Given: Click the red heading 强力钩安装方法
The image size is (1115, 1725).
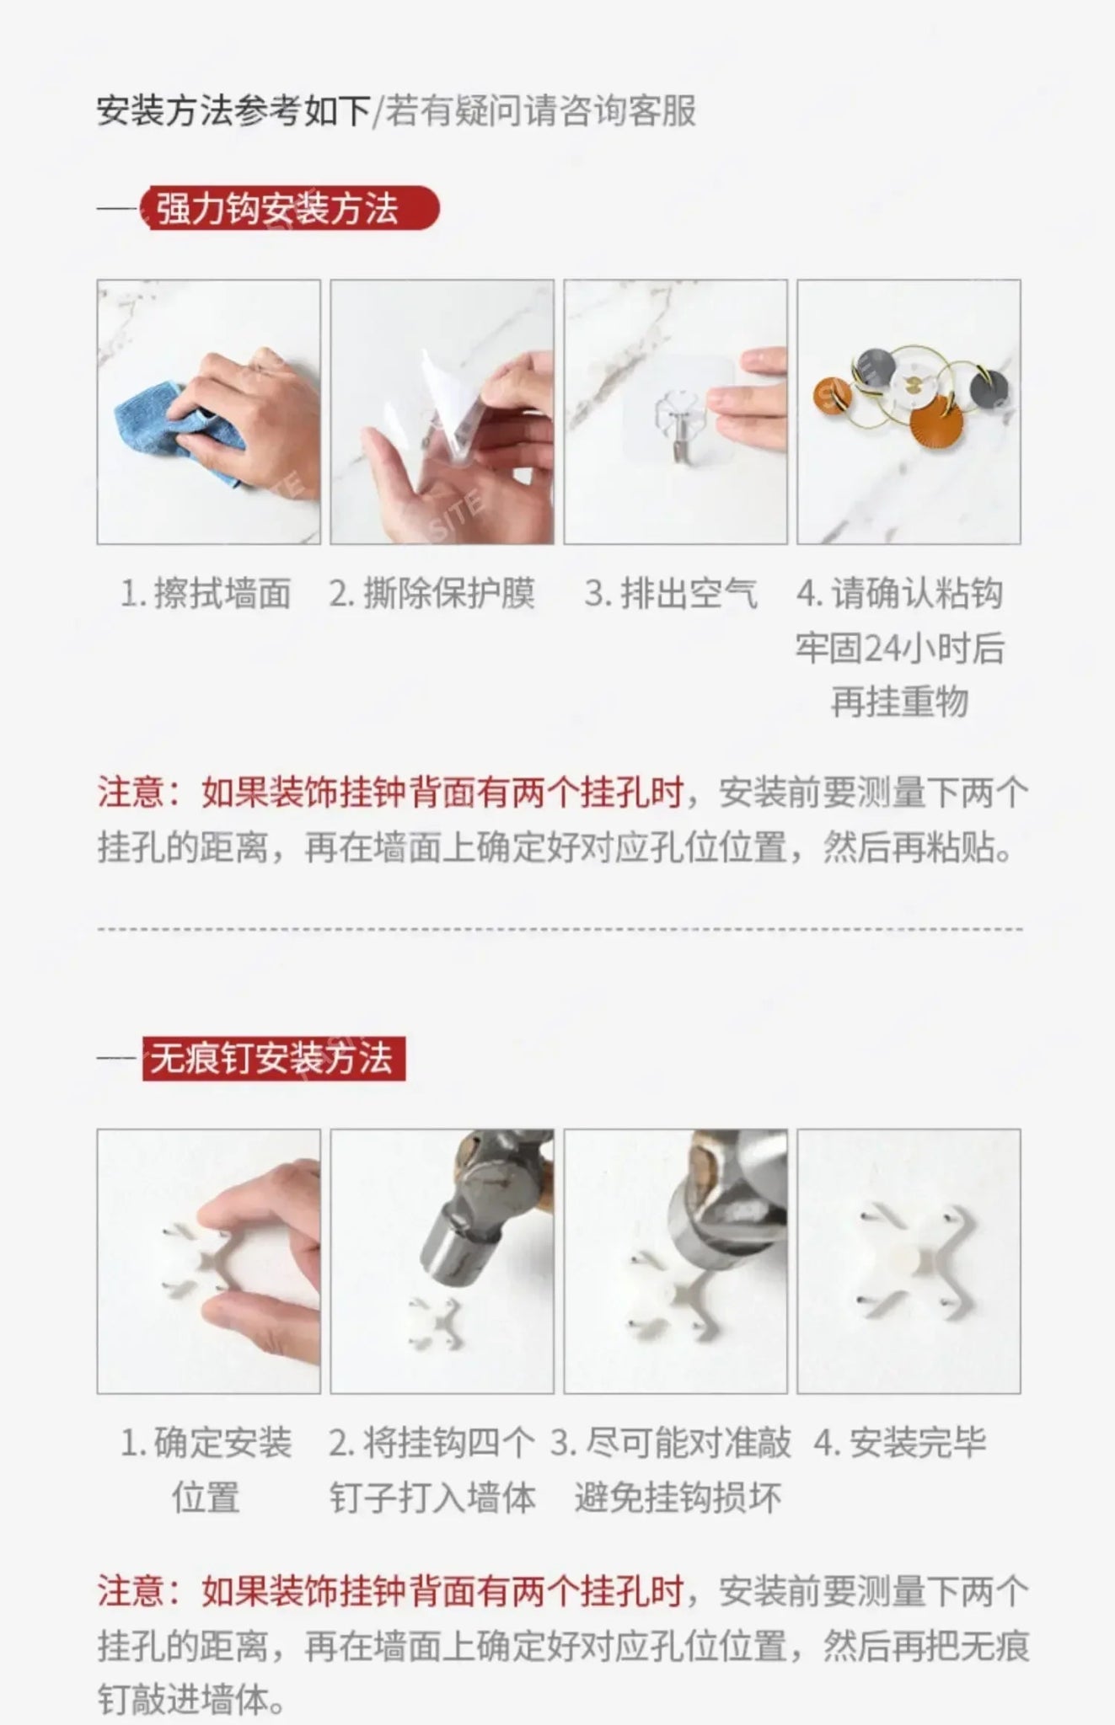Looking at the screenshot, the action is pos(277,209).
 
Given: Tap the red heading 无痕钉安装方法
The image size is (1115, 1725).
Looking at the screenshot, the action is pos(271,1058).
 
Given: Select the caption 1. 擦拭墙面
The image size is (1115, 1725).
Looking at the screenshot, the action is pos(206,594).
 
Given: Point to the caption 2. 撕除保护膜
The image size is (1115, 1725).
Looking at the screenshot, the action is pos(432,594).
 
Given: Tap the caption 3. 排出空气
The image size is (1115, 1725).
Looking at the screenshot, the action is pos(671,594).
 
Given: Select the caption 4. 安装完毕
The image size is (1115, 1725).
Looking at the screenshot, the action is pos(900,1443).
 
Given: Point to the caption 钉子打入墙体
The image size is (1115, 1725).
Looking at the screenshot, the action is pos(432,1498).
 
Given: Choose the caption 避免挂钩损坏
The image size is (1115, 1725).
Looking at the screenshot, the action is pos(678,1498).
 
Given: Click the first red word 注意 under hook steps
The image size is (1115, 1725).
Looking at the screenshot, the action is pos(131,793).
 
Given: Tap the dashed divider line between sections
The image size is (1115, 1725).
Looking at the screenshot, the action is pos(560,929).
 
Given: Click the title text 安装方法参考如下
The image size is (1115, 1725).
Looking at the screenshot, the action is pos(233,111).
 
